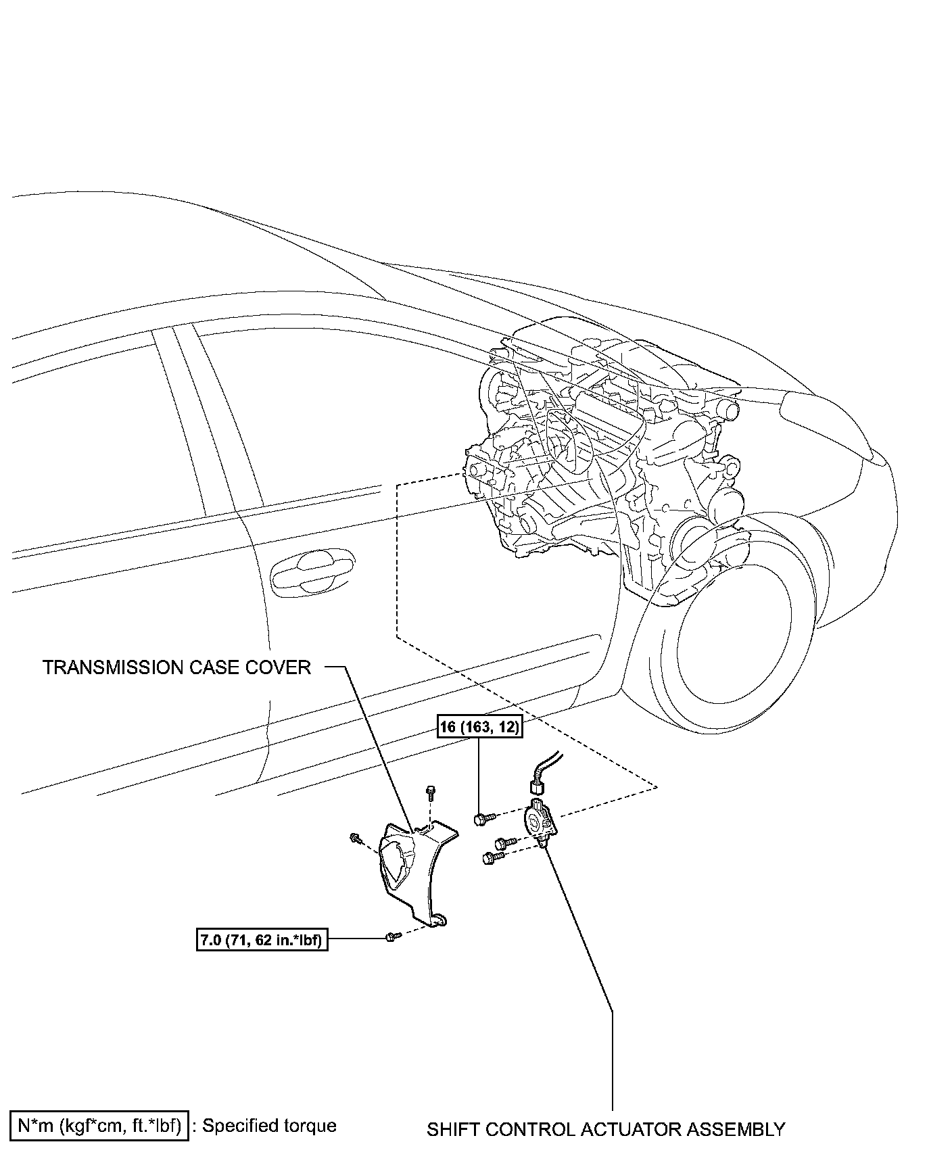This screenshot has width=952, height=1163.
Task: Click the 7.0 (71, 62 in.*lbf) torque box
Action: coord(262,940)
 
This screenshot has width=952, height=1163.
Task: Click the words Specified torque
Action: coord(269,1126)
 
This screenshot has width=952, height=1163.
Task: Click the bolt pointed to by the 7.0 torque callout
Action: coord(391,936)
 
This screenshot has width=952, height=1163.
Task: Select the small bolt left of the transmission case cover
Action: coord(354,838)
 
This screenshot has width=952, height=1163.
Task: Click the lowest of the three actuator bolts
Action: coord(490,858)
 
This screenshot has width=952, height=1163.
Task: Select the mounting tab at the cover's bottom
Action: coord(439,918)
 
